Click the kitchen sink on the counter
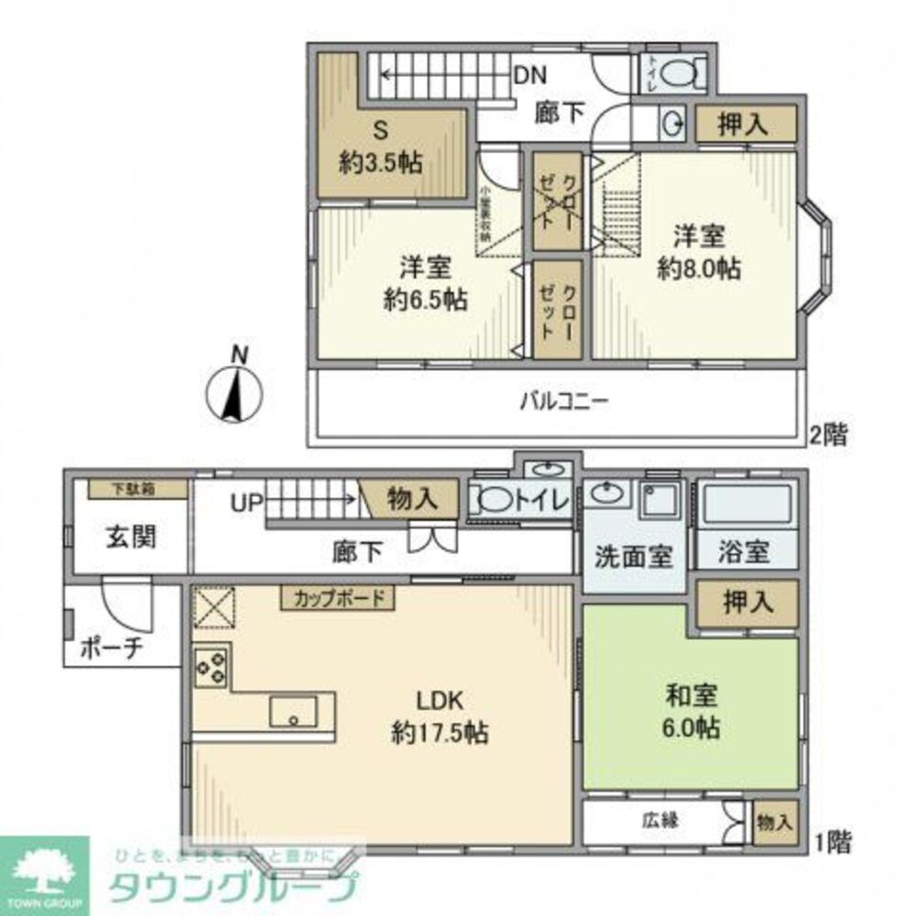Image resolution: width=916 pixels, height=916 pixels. click(x=293, y=711)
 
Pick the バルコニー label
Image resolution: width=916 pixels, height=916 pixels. click(x=564, y=401)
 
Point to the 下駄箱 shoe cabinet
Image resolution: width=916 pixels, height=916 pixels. click(x=138, y=489)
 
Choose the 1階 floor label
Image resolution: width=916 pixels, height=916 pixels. click(x=834, y=840)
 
